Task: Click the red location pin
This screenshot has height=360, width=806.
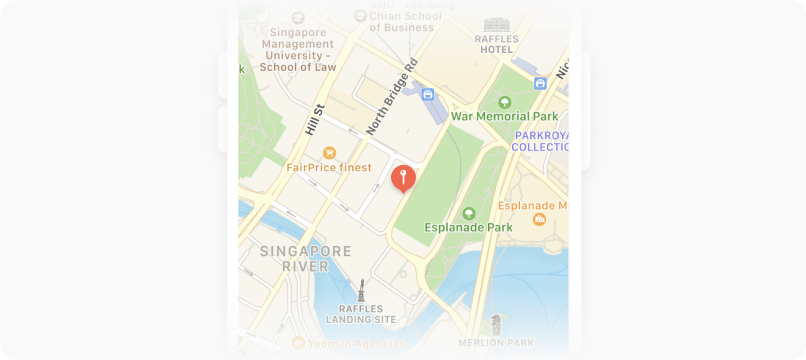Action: click(403, 177)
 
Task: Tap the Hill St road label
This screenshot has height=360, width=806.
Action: click(314, 120)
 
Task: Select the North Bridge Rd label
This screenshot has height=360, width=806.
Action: click(391, 97)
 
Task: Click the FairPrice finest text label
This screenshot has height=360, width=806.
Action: click(329, 168)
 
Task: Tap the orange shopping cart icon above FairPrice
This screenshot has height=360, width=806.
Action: click(329, 153)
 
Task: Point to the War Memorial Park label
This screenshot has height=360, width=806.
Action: click(504, 117)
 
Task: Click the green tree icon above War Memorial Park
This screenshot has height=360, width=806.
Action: click(505, 102)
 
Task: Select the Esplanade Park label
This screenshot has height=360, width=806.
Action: click(468, 227)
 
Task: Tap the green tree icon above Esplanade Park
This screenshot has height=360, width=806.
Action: click(469, 213)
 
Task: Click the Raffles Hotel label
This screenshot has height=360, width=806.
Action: click(496, 44)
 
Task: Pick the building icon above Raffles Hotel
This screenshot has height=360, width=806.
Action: click(496, 25)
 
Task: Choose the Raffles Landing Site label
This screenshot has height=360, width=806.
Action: click(361, 314)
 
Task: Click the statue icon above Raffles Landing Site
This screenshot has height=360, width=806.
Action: click(362, 290)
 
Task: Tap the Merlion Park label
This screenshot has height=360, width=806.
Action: click(496, 343)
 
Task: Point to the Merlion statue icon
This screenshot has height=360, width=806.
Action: click(496, 325)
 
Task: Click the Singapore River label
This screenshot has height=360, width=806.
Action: click(305, 259)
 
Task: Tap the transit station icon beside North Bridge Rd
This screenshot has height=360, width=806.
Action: click(427, 95)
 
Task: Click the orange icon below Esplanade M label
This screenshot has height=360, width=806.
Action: click(539, 219)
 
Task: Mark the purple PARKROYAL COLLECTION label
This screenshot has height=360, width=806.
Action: click(540, 141)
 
